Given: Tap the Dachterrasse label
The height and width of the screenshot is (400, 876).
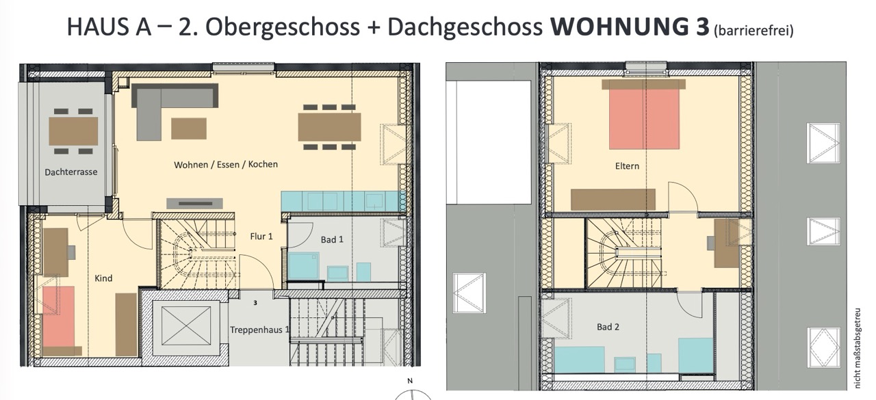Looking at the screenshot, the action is [x=70, y=172].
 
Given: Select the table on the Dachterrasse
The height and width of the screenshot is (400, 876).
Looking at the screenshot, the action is [x=73, y=131].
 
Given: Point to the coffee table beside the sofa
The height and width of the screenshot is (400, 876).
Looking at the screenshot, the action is [x=189, y=128].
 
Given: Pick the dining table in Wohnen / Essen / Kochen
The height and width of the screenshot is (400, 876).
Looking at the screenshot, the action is [x=329, y=127].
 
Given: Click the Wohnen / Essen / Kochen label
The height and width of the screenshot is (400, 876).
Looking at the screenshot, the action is [x=226, y=165].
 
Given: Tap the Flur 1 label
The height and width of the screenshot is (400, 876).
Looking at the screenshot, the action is [x=261, y=237].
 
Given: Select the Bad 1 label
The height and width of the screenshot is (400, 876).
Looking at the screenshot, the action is [x=332, y=239].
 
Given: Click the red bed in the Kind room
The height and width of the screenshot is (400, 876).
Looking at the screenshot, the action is [x=58, y=317].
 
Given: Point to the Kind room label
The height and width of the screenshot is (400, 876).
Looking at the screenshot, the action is [x=103, y=278].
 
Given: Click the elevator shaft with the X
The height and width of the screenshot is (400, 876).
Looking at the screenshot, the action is [x=185, y=325].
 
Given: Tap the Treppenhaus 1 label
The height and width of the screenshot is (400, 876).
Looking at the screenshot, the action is [x=259, y=330].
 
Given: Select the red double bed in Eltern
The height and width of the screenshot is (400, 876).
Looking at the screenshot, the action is [x=644, y=119].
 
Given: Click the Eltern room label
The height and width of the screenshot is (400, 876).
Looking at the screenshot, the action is [x=627, y=166].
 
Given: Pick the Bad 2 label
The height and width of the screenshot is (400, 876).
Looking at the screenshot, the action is [x=608, y=327].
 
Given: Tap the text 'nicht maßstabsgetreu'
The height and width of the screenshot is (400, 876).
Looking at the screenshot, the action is [x=858, y=348].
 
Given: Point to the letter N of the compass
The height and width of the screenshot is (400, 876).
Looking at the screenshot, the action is [x=410, y=381].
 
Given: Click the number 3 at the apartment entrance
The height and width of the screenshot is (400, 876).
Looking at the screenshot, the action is [x=255, y=303].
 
